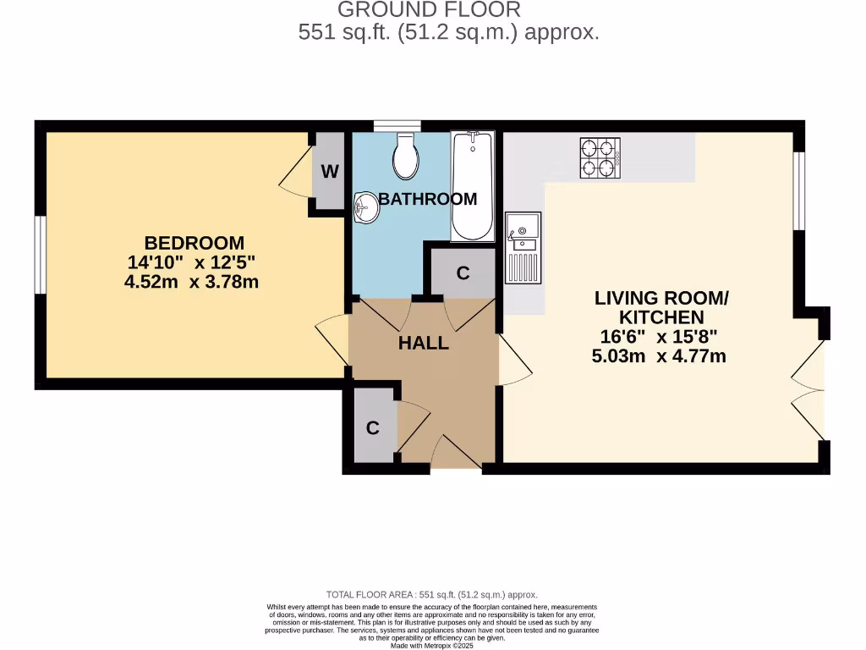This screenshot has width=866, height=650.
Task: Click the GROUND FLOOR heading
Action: click(x=429, y=10)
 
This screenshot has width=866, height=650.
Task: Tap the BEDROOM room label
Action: click(x=194, y=243)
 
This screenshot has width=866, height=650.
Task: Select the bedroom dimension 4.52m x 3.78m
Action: click(x=191, y=282)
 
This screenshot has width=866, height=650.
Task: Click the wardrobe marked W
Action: click(x=330, y=172)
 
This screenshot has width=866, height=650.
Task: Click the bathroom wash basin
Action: click(x=366, y=206)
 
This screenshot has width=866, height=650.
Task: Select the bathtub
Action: click(x=472, y=186)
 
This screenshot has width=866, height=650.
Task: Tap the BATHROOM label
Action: click(x=427, y=200)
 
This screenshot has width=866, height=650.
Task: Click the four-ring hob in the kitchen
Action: click(x=600, y=157)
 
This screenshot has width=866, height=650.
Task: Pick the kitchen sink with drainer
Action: click(x=523, y=247)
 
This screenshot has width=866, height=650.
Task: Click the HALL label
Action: click(x=424, y=344)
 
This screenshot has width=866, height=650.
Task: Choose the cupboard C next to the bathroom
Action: click(x=463, y=273)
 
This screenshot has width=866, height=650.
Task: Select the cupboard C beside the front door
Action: click(x=372, y=428)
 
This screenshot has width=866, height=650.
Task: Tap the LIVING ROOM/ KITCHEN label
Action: click(x=660, y=308)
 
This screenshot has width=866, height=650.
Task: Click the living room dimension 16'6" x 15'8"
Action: click(x=659, y=337)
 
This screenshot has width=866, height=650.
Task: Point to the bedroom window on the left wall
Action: click(x=39, y=255)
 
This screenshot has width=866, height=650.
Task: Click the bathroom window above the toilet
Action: click(x=397, y=126)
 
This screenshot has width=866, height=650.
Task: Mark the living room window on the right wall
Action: click(x=798, y=191)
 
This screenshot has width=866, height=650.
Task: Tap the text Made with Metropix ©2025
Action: click(x=432, y=645)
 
